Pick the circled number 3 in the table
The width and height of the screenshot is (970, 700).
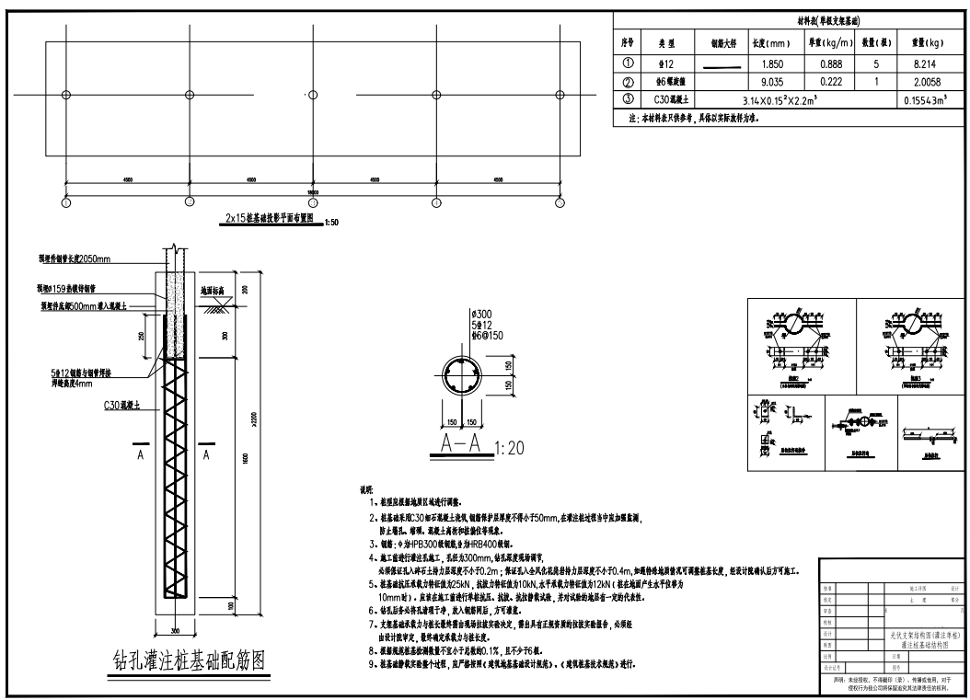629,99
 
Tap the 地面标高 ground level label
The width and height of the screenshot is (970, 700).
214,290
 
